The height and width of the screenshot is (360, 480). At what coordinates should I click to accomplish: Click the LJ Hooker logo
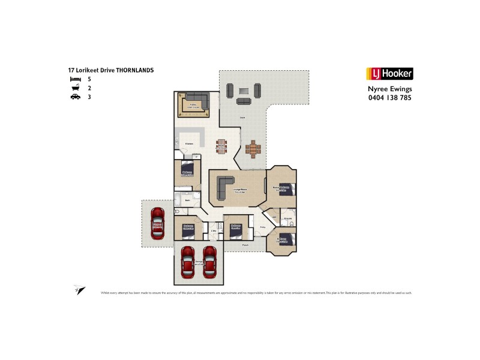389,74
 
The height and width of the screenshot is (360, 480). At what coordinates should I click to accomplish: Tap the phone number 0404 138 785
389,97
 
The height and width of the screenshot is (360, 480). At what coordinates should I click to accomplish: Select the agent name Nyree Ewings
389,88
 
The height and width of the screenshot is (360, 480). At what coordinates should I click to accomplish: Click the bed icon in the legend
74,79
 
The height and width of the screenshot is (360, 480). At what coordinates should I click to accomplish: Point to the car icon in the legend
74,96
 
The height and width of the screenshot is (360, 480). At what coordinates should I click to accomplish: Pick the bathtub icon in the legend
74,88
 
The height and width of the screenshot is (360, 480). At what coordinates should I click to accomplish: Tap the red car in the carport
158,223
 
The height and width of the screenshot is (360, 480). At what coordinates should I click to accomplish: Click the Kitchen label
188,144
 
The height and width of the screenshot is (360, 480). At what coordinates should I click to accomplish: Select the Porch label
245,245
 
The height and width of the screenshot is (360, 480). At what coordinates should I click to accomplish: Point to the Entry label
263,227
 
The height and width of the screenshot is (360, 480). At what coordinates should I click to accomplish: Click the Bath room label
187,201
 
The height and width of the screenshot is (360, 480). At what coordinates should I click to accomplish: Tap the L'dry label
214,231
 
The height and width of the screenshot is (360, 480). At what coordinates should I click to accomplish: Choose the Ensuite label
288,218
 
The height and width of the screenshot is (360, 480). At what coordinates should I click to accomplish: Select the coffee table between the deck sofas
243,91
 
